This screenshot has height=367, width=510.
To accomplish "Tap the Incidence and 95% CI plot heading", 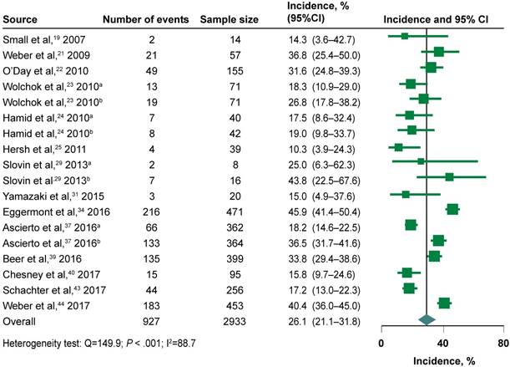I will click(440, 18).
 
